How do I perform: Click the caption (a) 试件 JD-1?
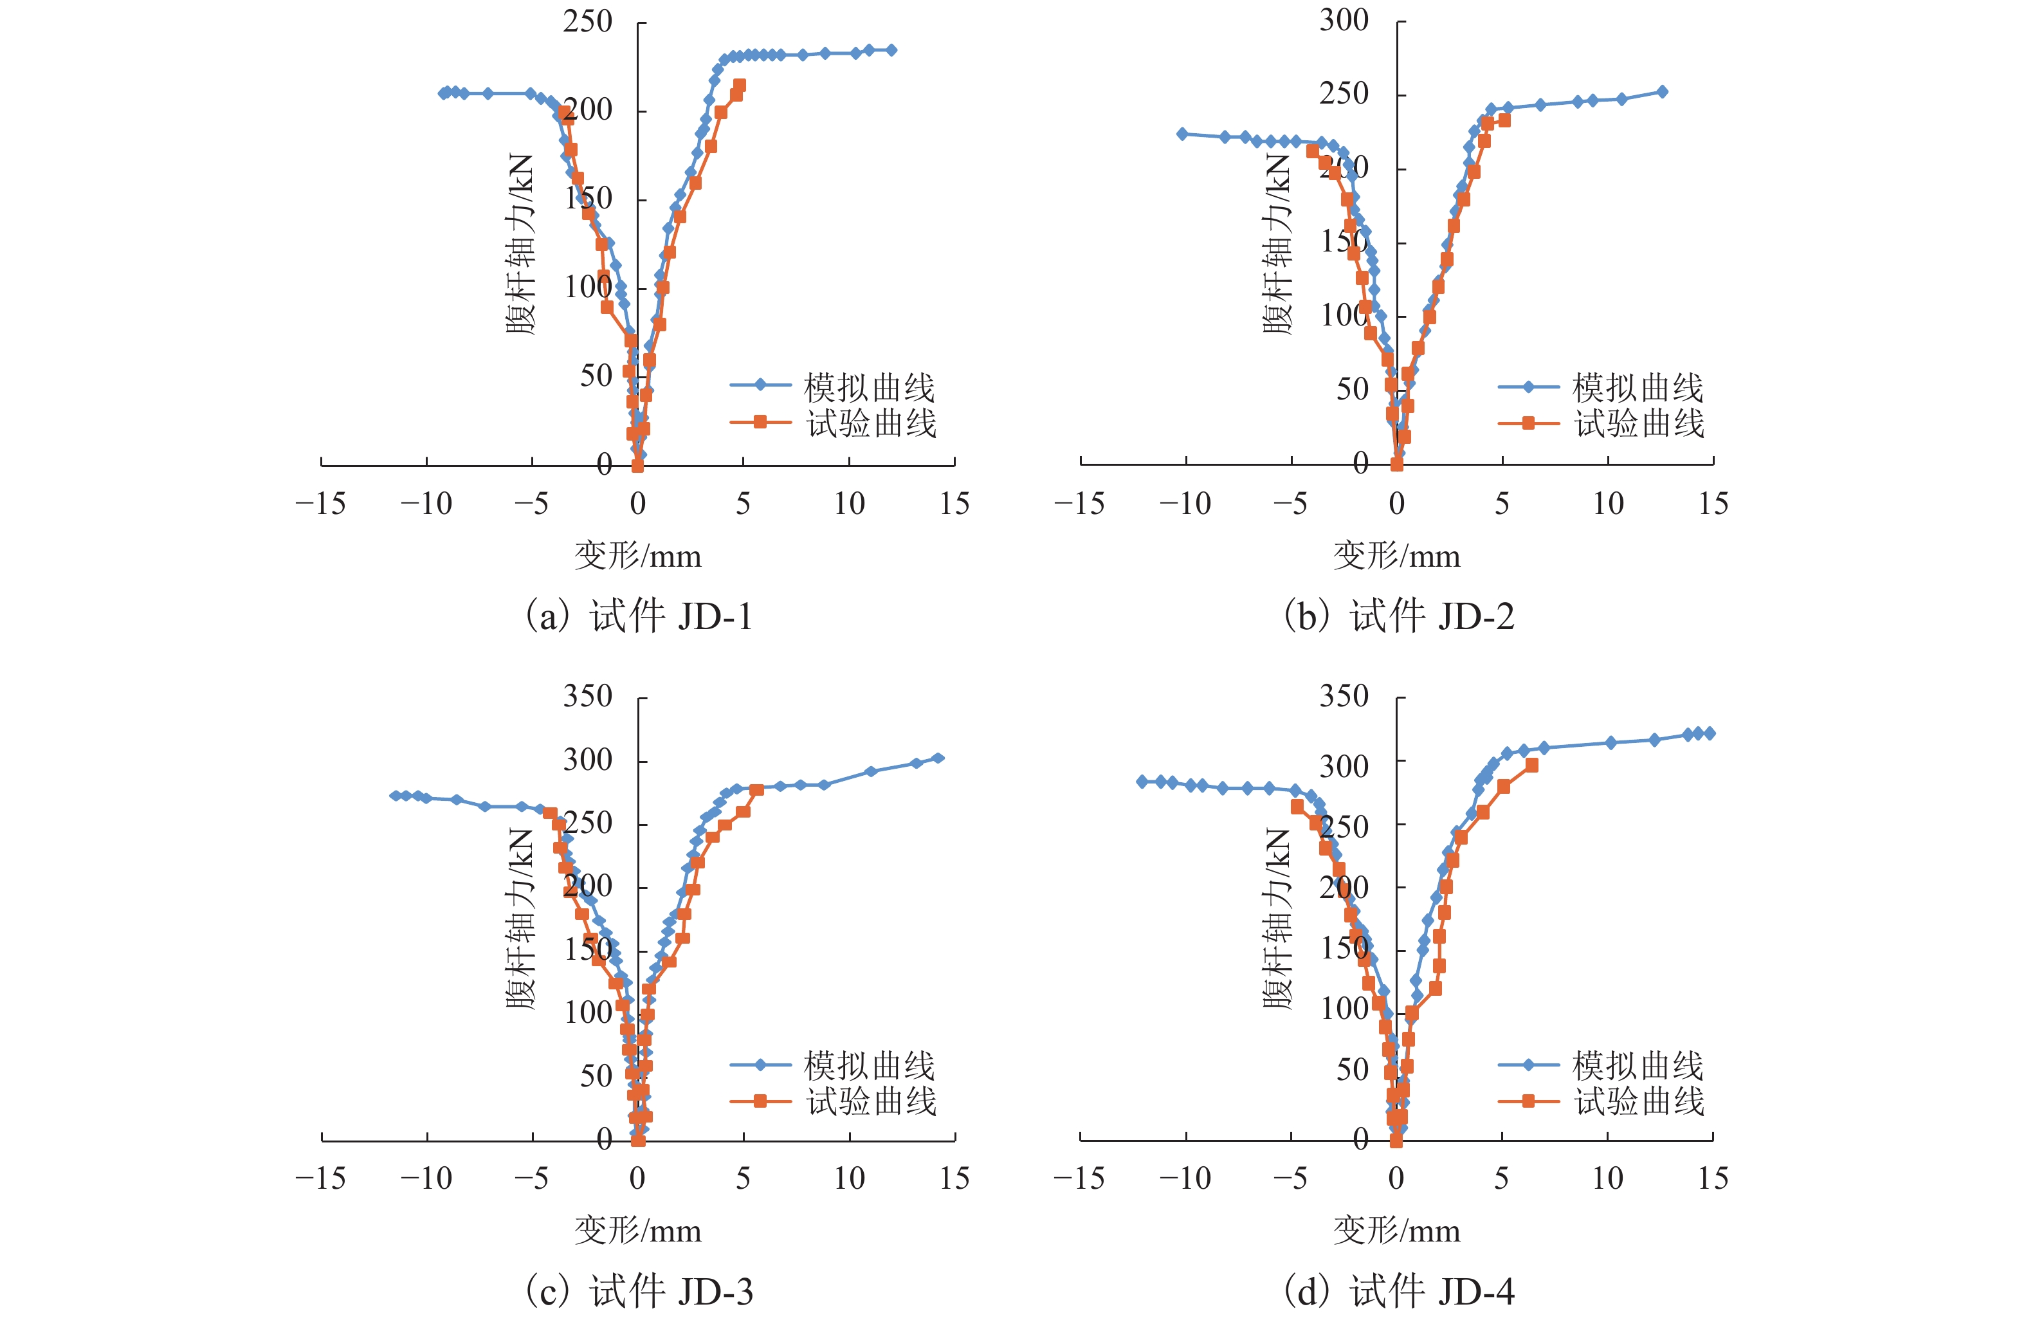[x=639, y=616]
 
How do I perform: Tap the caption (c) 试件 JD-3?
[x=639, y=1291]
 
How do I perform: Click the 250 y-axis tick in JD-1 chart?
[x=587, y=22]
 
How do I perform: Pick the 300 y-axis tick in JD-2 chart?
[x=1344, y=21]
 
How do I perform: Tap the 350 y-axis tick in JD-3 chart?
[x=587, y=697]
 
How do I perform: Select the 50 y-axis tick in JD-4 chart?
[x=1352, y=1070]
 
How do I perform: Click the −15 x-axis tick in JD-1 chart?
[x=320, y=504]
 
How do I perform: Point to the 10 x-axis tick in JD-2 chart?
[x=1608, y=504]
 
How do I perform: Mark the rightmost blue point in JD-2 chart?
[x=1662, y=92]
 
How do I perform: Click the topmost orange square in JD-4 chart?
[x=1531, y=765]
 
